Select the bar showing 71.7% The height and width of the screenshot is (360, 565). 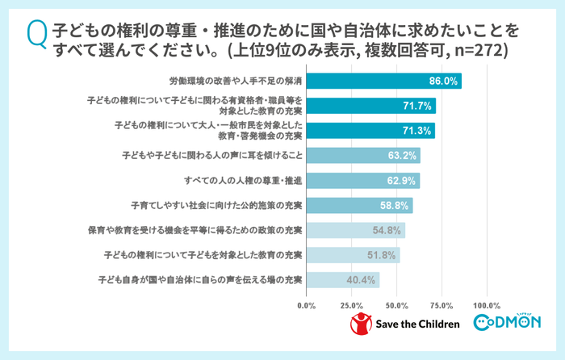(370, 106)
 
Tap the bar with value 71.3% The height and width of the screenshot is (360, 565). (370, 131)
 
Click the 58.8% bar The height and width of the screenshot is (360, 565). (359, 205)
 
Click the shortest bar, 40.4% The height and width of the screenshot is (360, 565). (342, 280)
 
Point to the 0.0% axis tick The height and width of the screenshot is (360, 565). (307, 306)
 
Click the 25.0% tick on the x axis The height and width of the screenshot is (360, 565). (351, 306)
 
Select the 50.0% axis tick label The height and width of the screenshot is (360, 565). (396, 306)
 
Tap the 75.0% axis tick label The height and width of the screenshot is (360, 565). (442, 306)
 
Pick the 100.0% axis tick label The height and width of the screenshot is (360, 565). (487, 306)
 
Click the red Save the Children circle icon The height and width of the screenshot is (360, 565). (360, 324)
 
